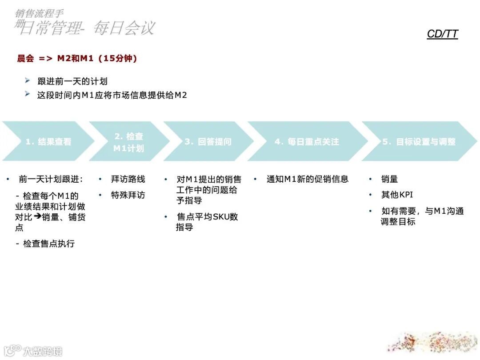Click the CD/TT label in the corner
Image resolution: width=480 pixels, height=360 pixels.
pos(442,34)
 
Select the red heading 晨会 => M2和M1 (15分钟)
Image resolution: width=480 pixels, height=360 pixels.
pos(77,58)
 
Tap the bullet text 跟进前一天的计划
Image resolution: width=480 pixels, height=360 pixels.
pos(72,81)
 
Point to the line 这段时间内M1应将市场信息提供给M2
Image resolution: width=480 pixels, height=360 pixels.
pos(112,95)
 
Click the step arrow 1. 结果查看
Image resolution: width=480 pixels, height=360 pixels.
pos(48,142)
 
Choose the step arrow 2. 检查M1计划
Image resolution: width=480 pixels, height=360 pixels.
pos(128,142)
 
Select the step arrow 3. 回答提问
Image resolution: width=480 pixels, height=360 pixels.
pos(208,142)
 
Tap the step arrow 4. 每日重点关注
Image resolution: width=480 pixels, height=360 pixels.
pos(307,142)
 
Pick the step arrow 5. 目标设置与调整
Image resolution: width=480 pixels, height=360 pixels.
pos(419,142)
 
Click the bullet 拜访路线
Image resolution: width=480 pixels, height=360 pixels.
pos(128,179)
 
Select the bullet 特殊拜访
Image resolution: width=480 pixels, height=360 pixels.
pos(128,195)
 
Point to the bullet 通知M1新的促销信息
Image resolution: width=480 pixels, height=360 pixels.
pos(308,179)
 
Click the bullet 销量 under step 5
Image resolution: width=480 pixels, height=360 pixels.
pos(389,179)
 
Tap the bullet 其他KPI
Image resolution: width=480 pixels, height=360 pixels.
pos(397,195)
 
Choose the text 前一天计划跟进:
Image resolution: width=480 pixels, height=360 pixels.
pos(51,179)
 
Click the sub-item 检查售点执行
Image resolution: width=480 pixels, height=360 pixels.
pos(49,244)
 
